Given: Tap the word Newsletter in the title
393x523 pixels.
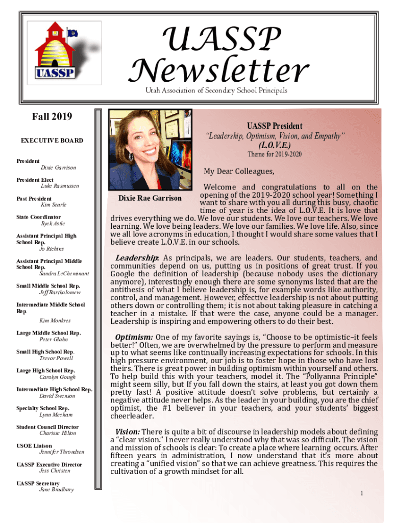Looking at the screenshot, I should pos(220,70).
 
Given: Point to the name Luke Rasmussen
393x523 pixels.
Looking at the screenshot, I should pos(59,186).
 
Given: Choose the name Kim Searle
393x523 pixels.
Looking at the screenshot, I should pos(54,205).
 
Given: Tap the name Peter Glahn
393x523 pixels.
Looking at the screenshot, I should pos(54,339).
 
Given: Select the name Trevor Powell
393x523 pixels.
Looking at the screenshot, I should pos(56,358).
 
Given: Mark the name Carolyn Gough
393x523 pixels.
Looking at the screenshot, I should pos(57,377).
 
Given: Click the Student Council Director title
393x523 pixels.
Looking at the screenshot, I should pos(47,427).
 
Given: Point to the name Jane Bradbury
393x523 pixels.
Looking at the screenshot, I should pos(56,489).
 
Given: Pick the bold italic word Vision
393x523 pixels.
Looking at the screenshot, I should pos(127,432).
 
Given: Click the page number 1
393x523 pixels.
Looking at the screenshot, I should pos(361,493).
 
